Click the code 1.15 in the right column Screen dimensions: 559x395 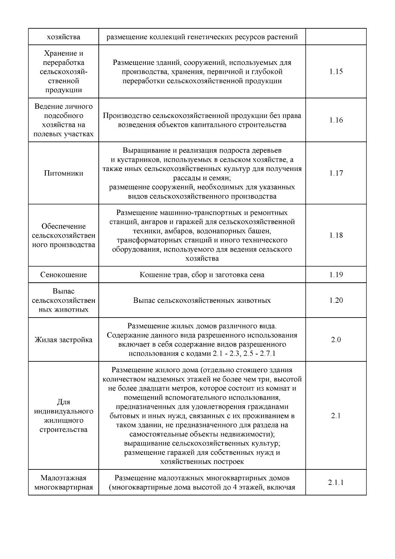point(336,72)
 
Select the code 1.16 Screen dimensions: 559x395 point(336,120)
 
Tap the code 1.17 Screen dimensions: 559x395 point(336,173)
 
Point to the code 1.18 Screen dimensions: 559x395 point(336,235)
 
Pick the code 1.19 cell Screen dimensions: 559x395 point(336,275)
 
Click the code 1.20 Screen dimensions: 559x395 point(336,300)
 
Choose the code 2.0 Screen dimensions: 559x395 point(336,340)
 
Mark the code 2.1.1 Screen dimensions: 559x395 point(336,483)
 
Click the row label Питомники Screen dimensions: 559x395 point(64,173)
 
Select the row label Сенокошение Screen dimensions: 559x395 point(64,275)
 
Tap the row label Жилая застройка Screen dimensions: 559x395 point(64,340)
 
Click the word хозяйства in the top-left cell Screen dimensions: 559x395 point(64,37)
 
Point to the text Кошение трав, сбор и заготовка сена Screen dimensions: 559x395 point(202,275)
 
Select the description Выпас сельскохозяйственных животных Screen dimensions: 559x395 point(202,300)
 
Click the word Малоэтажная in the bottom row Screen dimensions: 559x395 point(64,478)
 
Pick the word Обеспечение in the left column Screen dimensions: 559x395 point(64,226)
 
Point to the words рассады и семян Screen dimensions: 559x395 point(202,178)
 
